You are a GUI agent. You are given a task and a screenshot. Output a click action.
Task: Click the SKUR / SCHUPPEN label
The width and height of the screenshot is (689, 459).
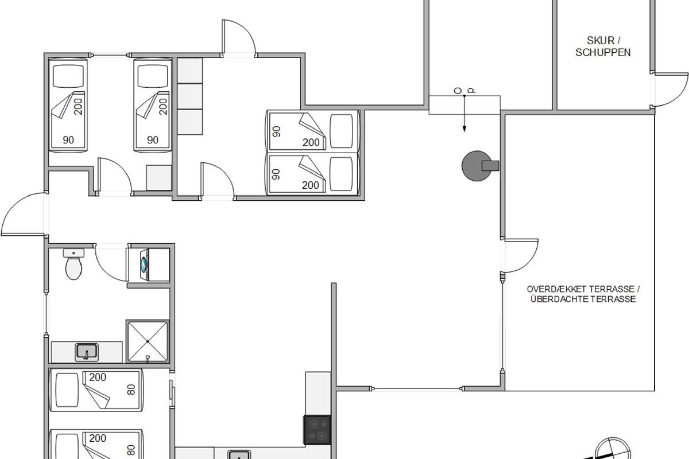click(x=603, y=46)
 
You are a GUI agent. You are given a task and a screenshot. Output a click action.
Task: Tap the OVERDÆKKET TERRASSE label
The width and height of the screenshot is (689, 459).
click(x=583, y=289)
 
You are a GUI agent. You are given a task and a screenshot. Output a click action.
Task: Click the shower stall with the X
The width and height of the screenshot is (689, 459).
click(x=148, y=341)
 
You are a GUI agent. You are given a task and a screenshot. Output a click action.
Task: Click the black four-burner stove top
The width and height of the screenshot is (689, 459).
click(x=317, y=430)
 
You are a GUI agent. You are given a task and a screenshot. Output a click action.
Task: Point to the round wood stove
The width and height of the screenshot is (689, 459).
click(x=477, y=166)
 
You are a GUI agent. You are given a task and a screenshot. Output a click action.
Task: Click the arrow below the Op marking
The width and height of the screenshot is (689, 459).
click(x=465, y=114)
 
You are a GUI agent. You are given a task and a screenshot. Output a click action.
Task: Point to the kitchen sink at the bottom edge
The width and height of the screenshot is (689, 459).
click(x=239, y=454)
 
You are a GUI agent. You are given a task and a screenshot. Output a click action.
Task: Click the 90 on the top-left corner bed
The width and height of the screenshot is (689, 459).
click(x=68, y=140)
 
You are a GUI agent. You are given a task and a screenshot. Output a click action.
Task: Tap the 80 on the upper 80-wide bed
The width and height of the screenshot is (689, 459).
click(x=131, y=390)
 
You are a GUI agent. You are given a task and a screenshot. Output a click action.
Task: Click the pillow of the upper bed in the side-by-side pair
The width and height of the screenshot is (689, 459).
click(x=341, y=131)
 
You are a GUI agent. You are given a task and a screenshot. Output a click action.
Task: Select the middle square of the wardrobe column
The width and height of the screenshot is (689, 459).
click(x=190, y=96)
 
